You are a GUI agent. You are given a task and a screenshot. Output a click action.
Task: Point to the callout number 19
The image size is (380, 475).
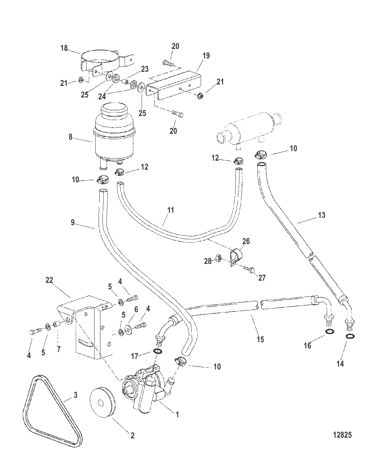(206, 56)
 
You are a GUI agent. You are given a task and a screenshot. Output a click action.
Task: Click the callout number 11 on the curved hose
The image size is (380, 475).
(171, 210)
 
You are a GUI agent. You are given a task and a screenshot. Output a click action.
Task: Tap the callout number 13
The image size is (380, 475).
(321, 215)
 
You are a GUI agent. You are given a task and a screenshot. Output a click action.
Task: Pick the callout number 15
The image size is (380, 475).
(260, 339)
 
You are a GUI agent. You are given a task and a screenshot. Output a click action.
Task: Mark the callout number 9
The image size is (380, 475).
(73, 222)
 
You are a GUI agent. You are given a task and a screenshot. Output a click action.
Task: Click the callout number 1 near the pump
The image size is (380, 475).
(177, 414)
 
